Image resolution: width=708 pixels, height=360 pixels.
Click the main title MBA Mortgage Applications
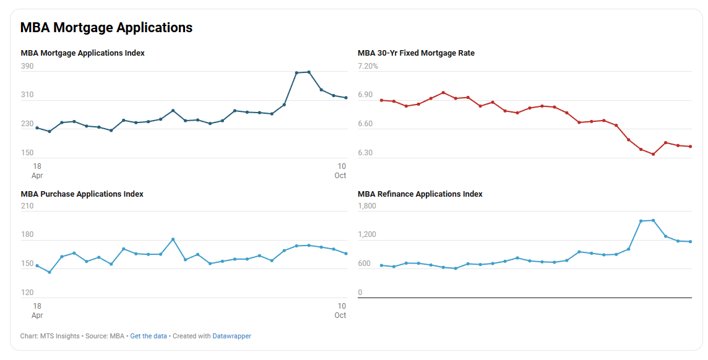click(x=106, y=28)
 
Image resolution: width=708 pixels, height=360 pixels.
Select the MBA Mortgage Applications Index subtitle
click(x=83, y=53)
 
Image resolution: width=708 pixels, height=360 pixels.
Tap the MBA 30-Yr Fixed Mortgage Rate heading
click(x=416, y=53)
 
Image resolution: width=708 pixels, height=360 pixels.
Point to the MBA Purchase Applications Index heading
click(x=82, y=194)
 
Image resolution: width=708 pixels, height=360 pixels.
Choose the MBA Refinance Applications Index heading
click(x=420, y=194)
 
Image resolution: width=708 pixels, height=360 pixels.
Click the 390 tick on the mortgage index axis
click(x=27, y=66)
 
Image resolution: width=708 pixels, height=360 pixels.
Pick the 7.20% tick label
click(x=368, y=66)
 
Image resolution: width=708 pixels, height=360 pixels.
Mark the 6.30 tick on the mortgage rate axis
click(x=365, y=153)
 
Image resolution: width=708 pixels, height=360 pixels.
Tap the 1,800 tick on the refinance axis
click(x=367, y=206)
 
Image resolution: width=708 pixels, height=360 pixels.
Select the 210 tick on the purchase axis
click(x=27, y=206)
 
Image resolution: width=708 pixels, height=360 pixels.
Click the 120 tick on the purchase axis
click(x=27, y=293)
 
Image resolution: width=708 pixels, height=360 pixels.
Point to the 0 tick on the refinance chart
click(x=360, y=293)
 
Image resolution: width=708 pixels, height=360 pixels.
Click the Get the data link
click(x=149, y=336)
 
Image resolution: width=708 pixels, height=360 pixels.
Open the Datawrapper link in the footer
click(x=231, y=336)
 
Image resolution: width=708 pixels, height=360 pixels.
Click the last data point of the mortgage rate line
click(x=690, y=147)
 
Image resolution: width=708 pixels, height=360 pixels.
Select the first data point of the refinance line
click(x=381, y=265)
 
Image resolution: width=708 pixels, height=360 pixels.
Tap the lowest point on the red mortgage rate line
click(x=653, y=154)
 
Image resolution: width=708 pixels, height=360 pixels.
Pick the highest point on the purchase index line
click(x=173, y=239)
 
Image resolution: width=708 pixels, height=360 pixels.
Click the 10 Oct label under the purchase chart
click(x=341, y=311)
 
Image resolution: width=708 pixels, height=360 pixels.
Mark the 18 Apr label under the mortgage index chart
click(x=37, y=171)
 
